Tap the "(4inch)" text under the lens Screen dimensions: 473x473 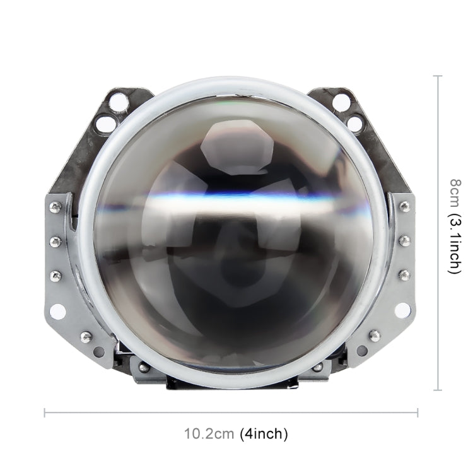(264, 434)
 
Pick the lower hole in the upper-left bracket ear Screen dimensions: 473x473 (106, 123)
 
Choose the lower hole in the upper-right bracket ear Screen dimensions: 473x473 (354, 123)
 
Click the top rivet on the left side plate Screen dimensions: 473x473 (55, 207)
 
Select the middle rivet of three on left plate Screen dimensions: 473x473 (55, 241)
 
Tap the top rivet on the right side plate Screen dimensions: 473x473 (404, 206)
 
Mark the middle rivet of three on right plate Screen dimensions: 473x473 (404, 240)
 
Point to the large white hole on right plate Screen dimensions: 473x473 (402, 310)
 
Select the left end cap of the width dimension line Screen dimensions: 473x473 (45, 413)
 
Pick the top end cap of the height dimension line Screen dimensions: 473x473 (437, 76)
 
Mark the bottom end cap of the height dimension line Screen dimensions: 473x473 (437, 390)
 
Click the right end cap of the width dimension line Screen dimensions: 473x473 (417, 413)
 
